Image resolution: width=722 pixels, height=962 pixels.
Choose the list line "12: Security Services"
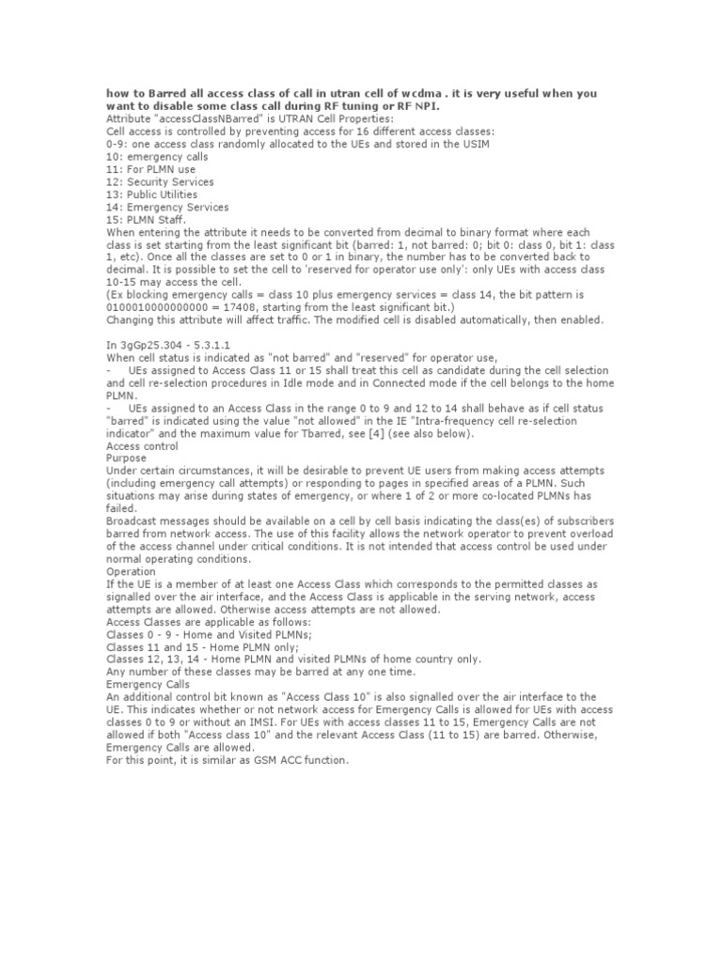coord(160,182)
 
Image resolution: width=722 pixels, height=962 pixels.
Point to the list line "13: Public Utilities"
coord(152,194)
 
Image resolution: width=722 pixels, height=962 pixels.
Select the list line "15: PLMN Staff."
coord(147,220)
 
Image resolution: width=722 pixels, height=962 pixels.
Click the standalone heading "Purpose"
coord(127,459)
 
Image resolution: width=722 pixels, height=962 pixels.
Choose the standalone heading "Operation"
coord(132,571)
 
